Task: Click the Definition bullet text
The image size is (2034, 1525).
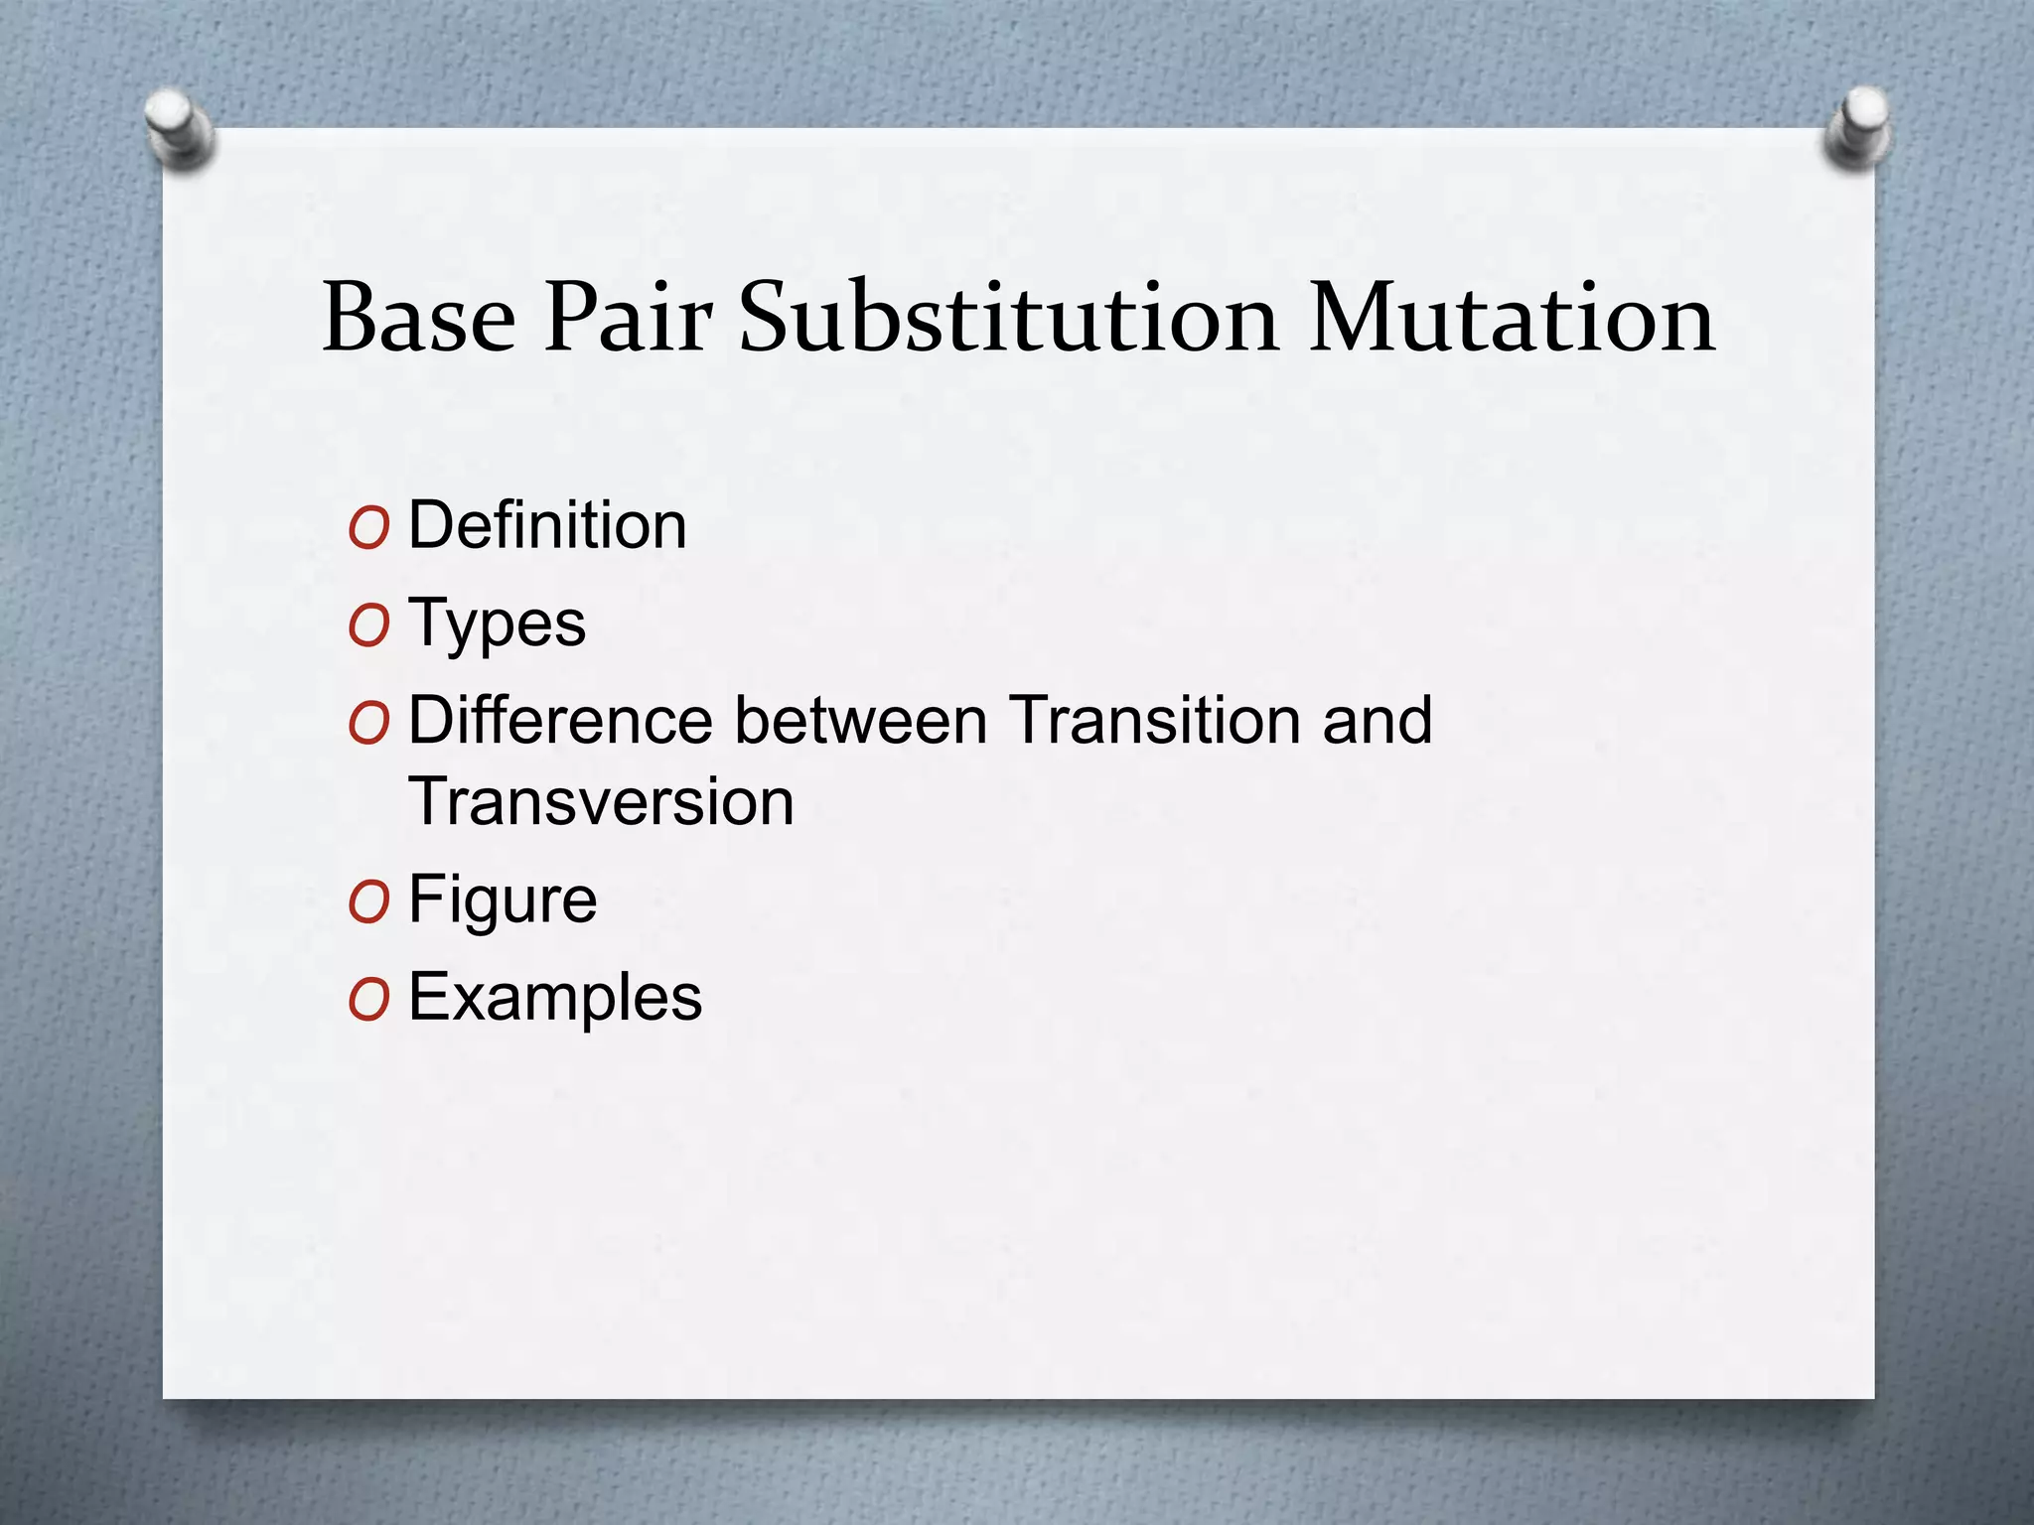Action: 547,525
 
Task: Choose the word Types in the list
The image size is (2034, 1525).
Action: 497,624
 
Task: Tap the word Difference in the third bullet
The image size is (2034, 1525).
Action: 560,720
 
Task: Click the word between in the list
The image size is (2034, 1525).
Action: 860,720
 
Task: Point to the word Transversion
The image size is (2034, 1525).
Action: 601,802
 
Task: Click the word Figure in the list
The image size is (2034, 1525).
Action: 503,900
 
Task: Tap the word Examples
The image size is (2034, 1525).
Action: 555,997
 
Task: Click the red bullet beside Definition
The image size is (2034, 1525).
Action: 368,529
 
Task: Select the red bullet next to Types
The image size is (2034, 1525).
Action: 368,626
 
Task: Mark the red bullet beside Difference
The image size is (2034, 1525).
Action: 368,724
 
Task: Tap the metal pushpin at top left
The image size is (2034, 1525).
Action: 178,127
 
